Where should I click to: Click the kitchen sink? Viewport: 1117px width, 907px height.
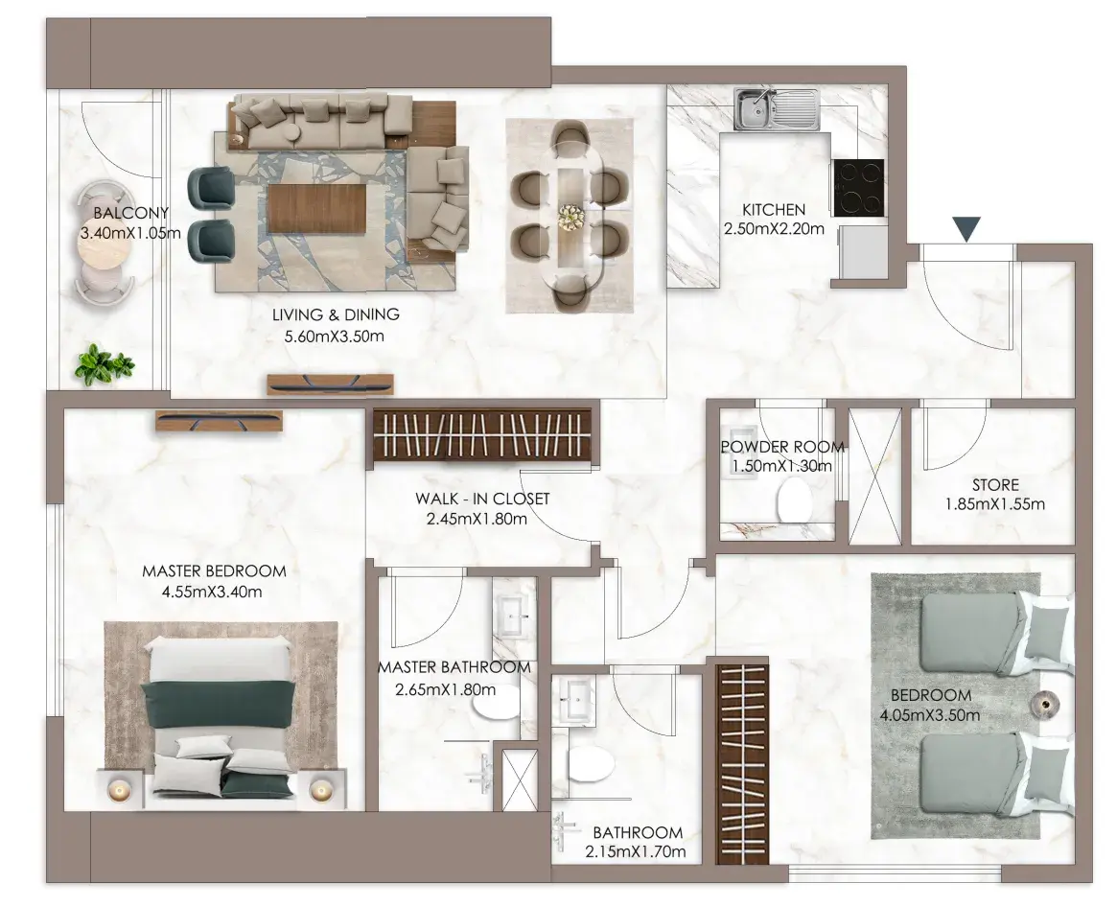coord(777,109)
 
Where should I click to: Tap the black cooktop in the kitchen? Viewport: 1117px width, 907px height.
coord(858,187)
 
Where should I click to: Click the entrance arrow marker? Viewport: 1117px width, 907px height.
coord(967,229)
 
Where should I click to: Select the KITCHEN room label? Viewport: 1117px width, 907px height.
coord(774,210)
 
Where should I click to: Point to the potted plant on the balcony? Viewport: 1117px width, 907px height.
coord(104,365)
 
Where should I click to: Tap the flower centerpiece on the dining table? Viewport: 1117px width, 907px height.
coord(571,217)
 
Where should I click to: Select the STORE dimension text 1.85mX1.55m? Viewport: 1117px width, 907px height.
coord(994,504)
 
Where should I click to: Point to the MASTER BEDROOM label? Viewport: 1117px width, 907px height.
coord(214,571)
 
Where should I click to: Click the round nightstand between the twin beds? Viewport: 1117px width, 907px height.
coord(1047,705)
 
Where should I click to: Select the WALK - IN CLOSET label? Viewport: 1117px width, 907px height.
coord(482,499)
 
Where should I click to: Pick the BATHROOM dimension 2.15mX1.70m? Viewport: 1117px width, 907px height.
coord(636,852)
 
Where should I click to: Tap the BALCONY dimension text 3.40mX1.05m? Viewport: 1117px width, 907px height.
coord(130,232)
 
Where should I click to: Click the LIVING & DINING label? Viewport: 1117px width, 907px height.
coord(336,314)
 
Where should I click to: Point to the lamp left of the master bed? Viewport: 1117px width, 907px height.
coord(118,789)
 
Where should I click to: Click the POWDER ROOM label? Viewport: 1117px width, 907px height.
coord(782,448)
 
